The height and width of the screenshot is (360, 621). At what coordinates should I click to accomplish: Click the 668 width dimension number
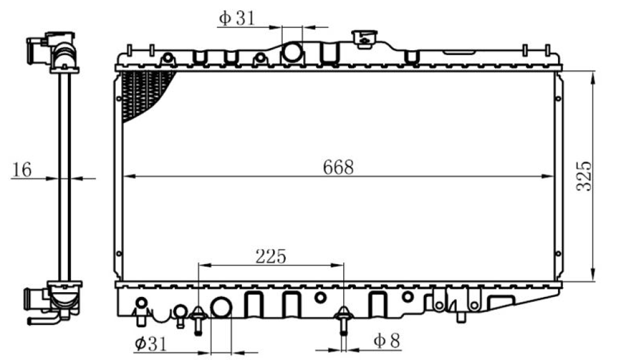pos(338,167)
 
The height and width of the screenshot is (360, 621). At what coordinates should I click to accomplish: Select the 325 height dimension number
pos(584,176)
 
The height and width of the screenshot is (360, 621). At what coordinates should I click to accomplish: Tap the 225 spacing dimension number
pos(271,256)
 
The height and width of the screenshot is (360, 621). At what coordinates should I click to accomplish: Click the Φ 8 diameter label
pos(387,340)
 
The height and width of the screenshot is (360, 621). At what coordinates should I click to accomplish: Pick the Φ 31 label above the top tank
pos(237,18)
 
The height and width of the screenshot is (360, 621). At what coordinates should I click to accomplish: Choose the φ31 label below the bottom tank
pos(151,344)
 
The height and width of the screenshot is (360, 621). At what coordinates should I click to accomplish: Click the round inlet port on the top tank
pos(292,52)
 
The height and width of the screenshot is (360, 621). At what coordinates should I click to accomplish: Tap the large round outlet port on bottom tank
pos(221,307)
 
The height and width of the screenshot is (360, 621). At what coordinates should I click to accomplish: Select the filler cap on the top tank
pos(364,39)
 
